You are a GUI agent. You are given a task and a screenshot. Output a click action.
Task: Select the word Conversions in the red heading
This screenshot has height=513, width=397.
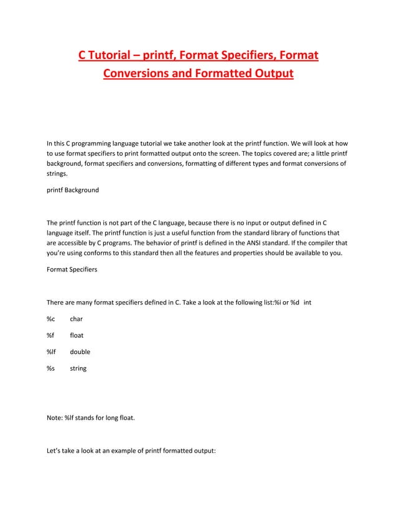pyautogui.click(x=139, y=75)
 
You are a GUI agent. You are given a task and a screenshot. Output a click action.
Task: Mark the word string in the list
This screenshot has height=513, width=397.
pyautogui.click(x=78, y=368)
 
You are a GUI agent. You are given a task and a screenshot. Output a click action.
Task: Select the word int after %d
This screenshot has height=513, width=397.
pyautogui.click(x=307, y=302)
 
